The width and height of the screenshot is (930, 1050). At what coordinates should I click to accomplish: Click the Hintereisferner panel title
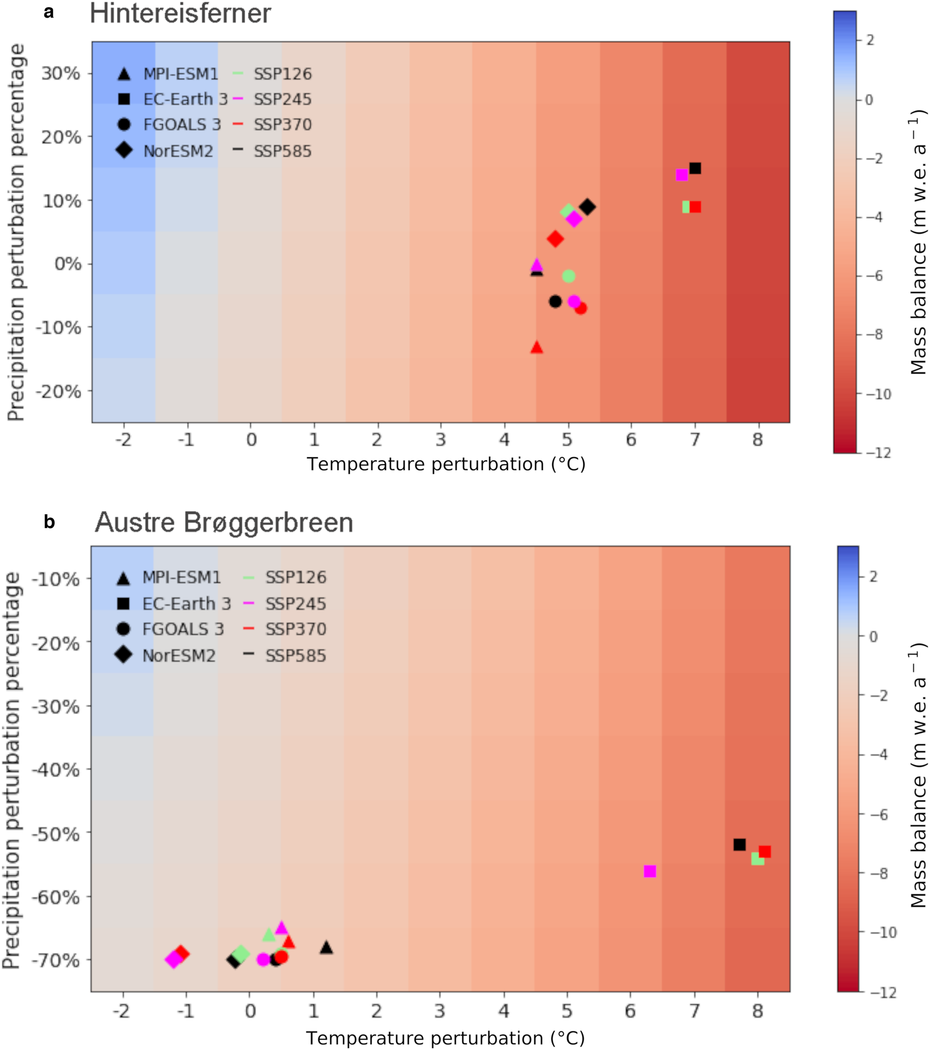tap(180, 13)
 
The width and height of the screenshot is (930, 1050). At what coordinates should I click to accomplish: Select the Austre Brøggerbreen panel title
tap(224, 522)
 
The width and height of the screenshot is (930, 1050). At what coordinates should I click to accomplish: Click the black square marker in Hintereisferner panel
tap(695, 168)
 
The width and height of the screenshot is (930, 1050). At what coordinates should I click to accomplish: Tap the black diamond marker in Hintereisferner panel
tap(587, 207)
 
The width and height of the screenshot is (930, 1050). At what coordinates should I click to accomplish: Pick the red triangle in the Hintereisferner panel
tap(537, 348)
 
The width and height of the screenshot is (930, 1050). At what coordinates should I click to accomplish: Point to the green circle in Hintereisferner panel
tap(568, 276)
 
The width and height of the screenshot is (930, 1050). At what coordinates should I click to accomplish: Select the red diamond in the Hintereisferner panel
tap(555, 239)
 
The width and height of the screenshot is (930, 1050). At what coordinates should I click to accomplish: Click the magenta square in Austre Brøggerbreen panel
tap(649, 871)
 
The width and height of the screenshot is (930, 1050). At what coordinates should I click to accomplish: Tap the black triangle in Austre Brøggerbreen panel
tap(326, 948)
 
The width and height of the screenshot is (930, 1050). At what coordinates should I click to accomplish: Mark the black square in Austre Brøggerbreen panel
tap(739, 844)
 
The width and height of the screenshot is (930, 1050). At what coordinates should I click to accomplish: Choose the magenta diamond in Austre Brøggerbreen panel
tap(174, 960)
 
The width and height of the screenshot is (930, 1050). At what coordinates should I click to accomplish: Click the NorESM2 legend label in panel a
tap(178, 151)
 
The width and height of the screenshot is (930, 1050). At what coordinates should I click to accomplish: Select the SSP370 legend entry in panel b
tap(296, 629)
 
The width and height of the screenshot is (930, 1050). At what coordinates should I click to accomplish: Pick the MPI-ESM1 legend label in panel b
tap(181, 577)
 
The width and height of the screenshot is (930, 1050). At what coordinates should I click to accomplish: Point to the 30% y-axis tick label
tap(61, 73)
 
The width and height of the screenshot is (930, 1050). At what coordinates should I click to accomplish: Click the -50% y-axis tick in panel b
tap(56, 833)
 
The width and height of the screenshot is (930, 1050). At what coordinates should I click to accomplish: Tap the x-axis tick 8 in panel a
tap(757, 440)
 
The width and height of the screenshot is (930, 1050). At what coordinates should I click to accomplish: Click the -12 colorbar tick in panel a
tap(879, 453)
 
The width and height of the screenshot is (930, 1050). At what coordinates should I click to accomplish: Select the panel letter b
tap(49, 522)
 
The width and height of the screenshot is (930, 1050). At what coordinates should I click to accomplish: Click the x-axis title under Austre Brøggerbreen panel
tap(445, 1038)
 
